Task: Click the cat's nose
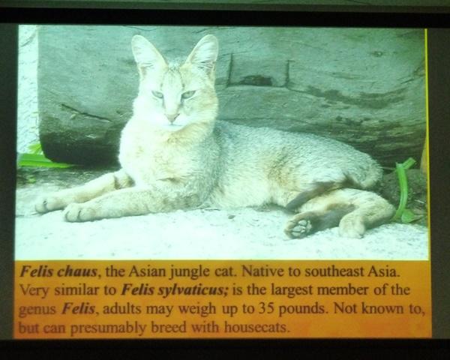pos(172,117)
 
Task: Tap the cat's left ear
pos(202,54)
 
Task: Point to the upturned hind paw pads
pos(298,226)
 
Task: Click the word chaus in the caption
pos(77,271)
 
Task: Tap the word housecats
pos(256,327)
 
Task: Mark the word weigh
pos(198,310)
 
